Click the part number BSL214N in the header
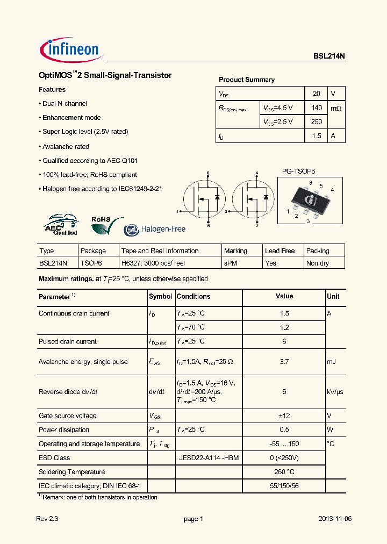point(329,55)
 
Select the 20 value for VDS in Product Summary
point(317,93)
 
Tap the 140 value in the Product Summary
point(317,108)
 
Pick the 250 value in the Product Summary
point(317,122)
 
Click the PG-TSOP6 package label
point(298,171)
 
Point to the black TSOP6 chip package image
point(311,201)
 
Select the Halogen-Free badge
point(155,230)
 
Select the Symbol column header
point(160,296)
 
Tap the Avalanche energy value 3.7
point(284,362)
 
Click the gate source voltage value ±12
point(284,416)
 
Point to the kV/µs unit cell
point(334,392)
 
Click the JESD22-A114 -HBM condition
point(209,458)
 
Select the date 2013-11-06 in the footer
point(334,519)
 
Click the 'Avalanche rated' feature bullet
point(66,146)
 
